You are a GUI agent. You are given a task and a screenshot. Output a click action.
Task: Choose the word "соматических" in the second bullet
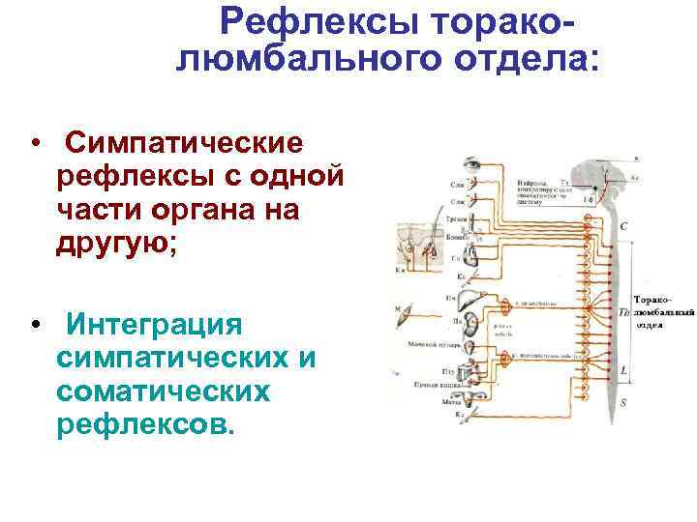(x=162, y=391)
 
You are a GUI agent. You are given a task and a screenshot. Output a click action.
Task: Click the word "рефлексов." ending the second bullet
(x=146, y=424)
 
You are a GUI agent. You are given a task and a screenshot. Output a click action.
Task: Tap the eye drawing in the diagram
(x=473, y=164)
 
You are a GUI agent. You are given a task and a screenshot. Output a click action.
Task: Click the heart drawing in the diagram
(x=471, y=255)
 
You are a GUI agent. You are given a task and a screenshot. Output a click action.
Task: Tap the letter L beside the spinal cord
(x=624, y=371)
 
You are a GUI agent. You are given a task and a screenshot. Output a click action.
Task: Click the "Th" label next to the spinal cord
(x=623, y=311)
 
